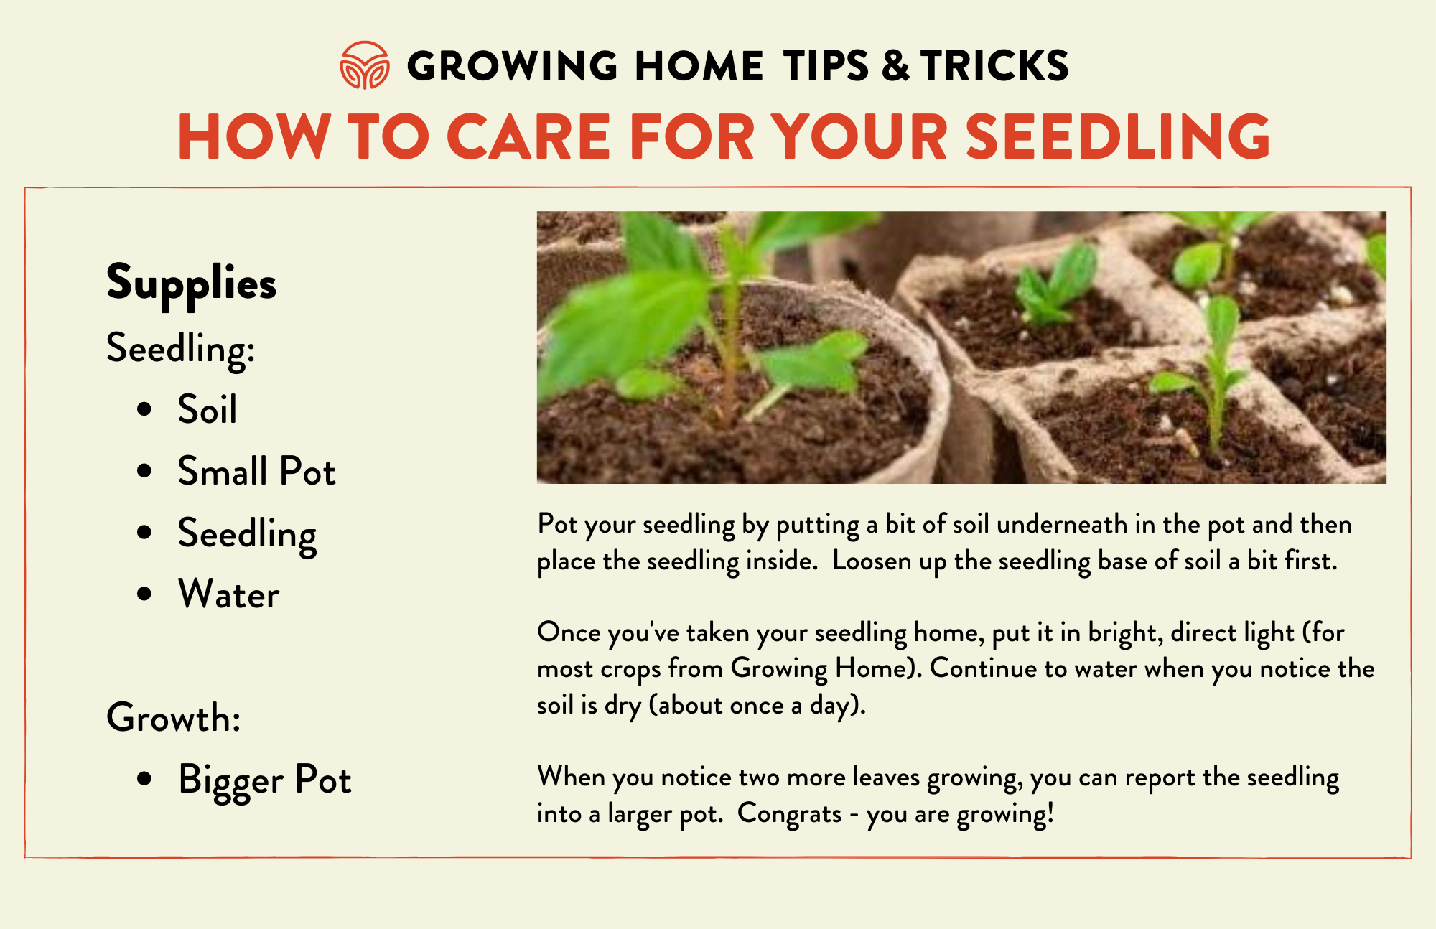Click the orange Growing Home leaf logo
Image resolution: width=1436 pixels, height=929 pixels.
click(365, 65)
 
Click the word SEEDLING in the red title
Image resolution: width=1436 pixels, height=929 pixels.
click(1118, 136)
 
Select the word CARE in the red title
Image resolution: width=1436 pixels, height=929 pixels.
click(528, 136)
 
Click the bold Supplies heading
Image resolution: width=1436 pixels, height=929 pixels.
click(191, 284)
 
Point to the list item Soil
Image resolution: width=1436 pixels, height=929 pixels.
click(208, 409)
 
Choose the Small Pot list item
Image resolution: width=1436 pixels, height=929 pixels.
click(256, 471)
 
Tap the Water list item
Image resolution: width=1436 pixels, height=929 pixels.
click(228, 594)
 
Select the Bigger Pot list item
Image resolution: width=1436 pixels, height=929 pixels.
click(265, 780)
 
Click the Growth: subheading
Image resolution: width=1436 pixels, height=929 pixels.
click(173, 717)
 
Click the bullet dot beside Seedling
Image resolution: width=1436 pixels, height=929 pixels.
click(144, 532)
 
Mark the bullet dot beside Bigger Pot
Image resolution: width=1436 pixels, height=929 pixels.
click(144, 778)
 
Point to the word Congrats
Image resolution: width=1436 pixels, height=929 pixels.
click(789, 814)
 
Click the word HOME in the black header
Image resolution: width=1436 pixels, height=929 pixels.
click(699, 66)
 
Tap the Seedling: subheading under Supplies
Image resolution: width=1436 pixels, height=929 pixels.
click(180, 349)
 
